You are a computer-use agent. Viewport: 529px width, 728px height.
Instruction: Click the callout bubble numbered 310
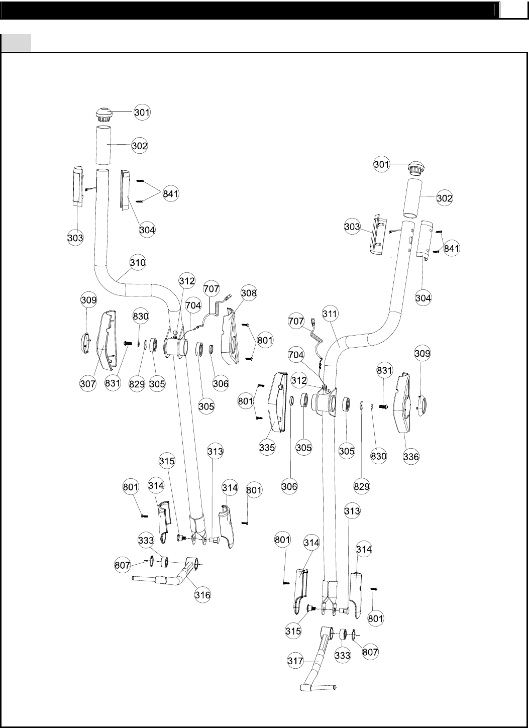pos(138,263)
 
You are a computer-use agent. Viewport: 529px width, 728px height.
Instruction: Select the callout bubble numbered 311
pos(330,315)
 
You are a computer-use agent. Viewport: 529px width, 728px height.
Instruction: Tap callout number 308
pos(249,293)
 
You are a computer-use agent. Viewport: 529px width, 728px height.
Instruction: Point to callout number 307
pos(88,384)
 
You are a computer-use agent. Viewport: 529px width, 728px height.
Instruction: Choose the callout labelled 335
pos(267,447)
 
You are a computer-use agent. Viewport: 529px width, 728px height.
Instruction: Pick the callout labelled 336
pos(411,457)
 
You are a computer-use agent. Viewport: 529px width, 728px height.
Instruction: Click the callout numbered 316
pos(202,595)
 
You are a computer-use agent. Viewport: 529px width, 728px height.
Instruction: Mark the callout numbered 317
pos(296,661)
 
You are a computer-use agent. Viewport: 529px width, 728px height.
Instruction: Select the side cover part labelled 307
pos(106,340)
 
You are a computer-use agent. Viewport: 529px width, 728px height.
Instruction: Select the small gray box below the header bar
pos(16,43)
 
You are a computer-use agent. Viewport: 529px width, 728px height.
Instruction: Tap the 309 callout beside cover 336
pos(422,354)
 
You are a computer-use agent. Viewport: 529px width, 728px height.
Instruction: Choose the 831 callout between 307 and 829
pos(114,384)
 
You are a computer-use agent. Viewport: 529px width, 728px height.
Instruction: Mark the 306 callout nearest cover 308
pos(221,384)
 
